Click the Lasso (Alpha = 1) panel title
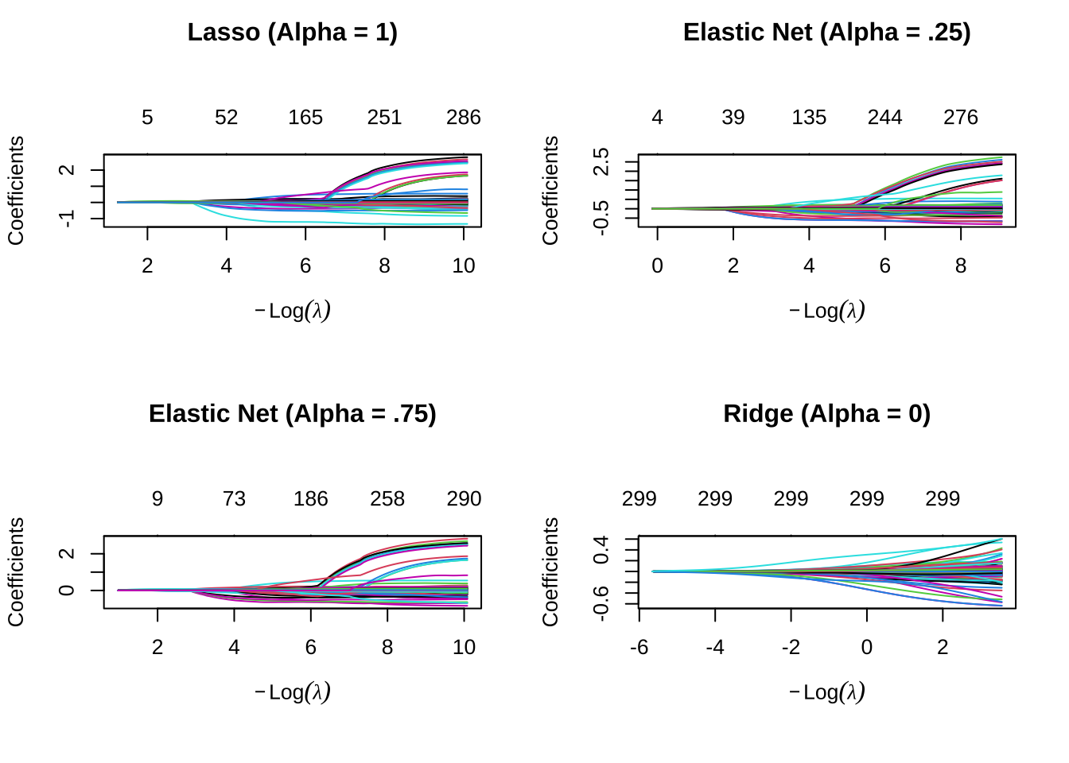click(x=292, y=33)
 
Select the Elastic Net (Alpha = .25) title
click(x=826, y=33)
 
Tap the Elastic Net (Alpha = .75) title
click(x=292, y=414)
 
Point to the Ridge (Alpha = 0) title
click(x=826, y=414)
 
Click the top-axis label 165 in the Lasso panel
click(x=305, y=118)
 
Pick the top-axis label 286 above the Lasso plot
click(x=463, y=118)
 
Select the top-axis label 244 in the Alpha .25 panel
click(x=884, y=118)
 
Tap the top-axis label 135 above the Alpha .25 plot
click(x=809, y=118)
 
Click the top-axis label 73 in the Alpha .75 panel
click(x=234, y=499)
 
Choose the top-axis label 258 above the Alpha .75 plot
click(x=387, y=499)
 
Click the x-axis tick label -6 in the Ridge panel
click(x=639, y=648)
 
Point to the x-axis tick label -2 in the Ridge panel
click(x=791, y=648)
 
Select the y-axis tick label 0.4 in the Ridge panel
click(x=602, y=549)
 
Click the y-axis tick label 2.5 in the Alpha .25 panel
click(x=602, y=161)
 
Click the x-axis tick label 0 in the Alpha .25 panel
click(x=657, y=266)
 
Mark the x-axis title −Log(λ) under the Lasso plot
click(x=292, y=310)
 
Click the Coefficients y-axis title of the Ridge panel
click(x=550, y=571)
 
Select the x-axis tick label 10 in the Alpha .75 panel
click(x=464, y=648)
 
